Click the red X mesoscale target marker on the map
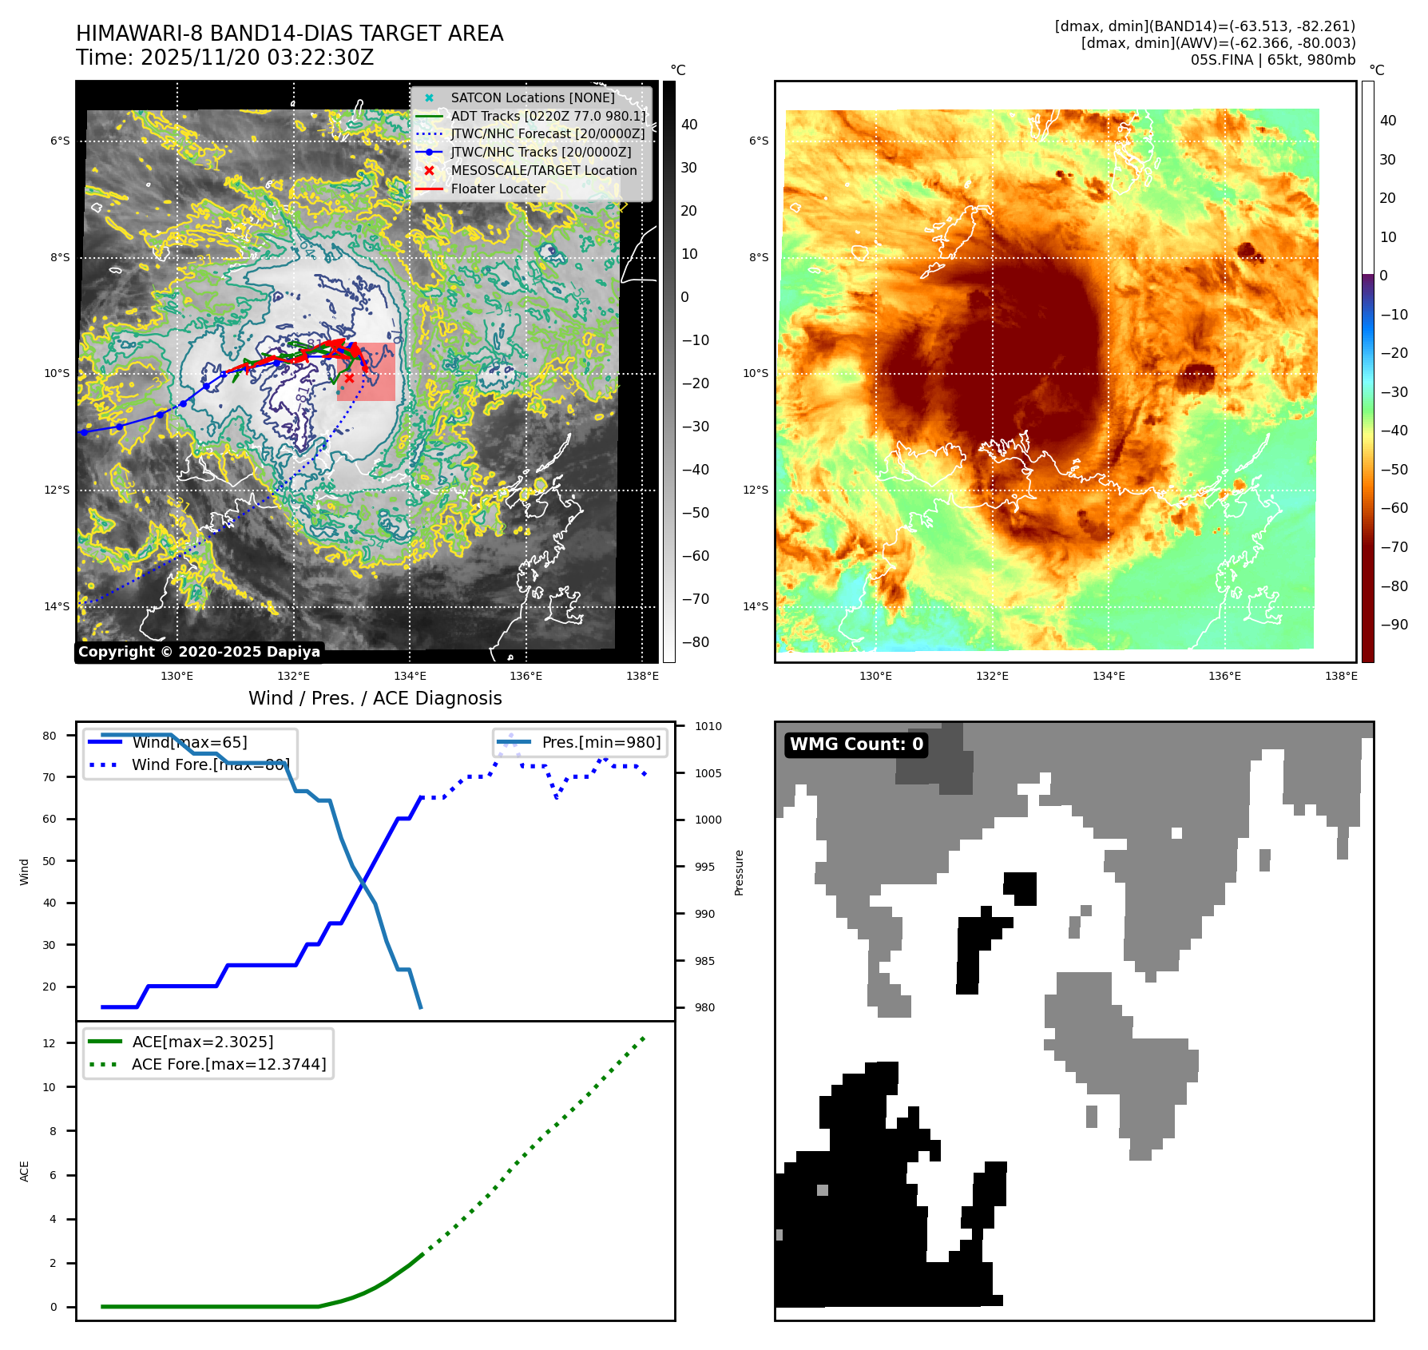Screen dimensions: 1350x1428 click(x=349, y=378)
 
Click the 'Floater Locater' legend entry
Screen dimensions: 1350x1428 click(x=498, y=189)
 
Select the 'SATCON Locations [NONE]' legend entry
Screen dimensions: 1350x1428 click(x=532, y=97)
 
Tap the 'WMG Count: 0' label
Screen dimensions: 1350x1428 click(x=856, y=744)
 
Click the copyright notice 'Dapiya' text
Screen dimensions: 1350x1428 click(x=200, y=652)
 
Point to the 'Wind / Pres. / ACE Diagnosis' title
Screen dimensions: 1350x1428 click(x=375, y=698)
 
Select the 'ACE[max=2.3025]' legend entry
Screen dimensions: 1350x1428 click(x=203, y=1042)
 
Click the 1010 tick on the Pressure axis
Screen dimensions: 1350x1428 click(x=708, y=726)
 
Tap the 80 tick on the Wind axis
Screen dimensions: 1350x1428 click(x=50, y=736)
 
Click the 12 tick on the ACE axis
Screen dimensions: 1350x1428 click(x=50, y=1043)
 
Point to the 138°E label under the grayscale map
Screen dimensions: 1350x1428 click(x=642, y=676)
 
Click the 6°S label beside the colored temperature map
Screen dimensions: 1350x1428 click(x=759, y=141)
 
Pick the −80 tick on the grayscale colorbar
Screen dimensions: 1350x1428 click(x=695, y=642)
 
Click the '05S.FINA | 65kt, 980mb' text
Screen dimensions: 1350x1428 click(x=1272, y=60)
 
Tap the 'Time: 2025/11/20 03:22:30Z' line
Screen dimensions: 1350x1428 click(x=224, y=58)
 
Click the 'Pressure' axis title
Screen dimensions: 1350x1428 click(x=739, y=872)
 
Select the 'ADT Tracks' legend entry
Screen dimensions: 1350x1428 click(x=548, y=116)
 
